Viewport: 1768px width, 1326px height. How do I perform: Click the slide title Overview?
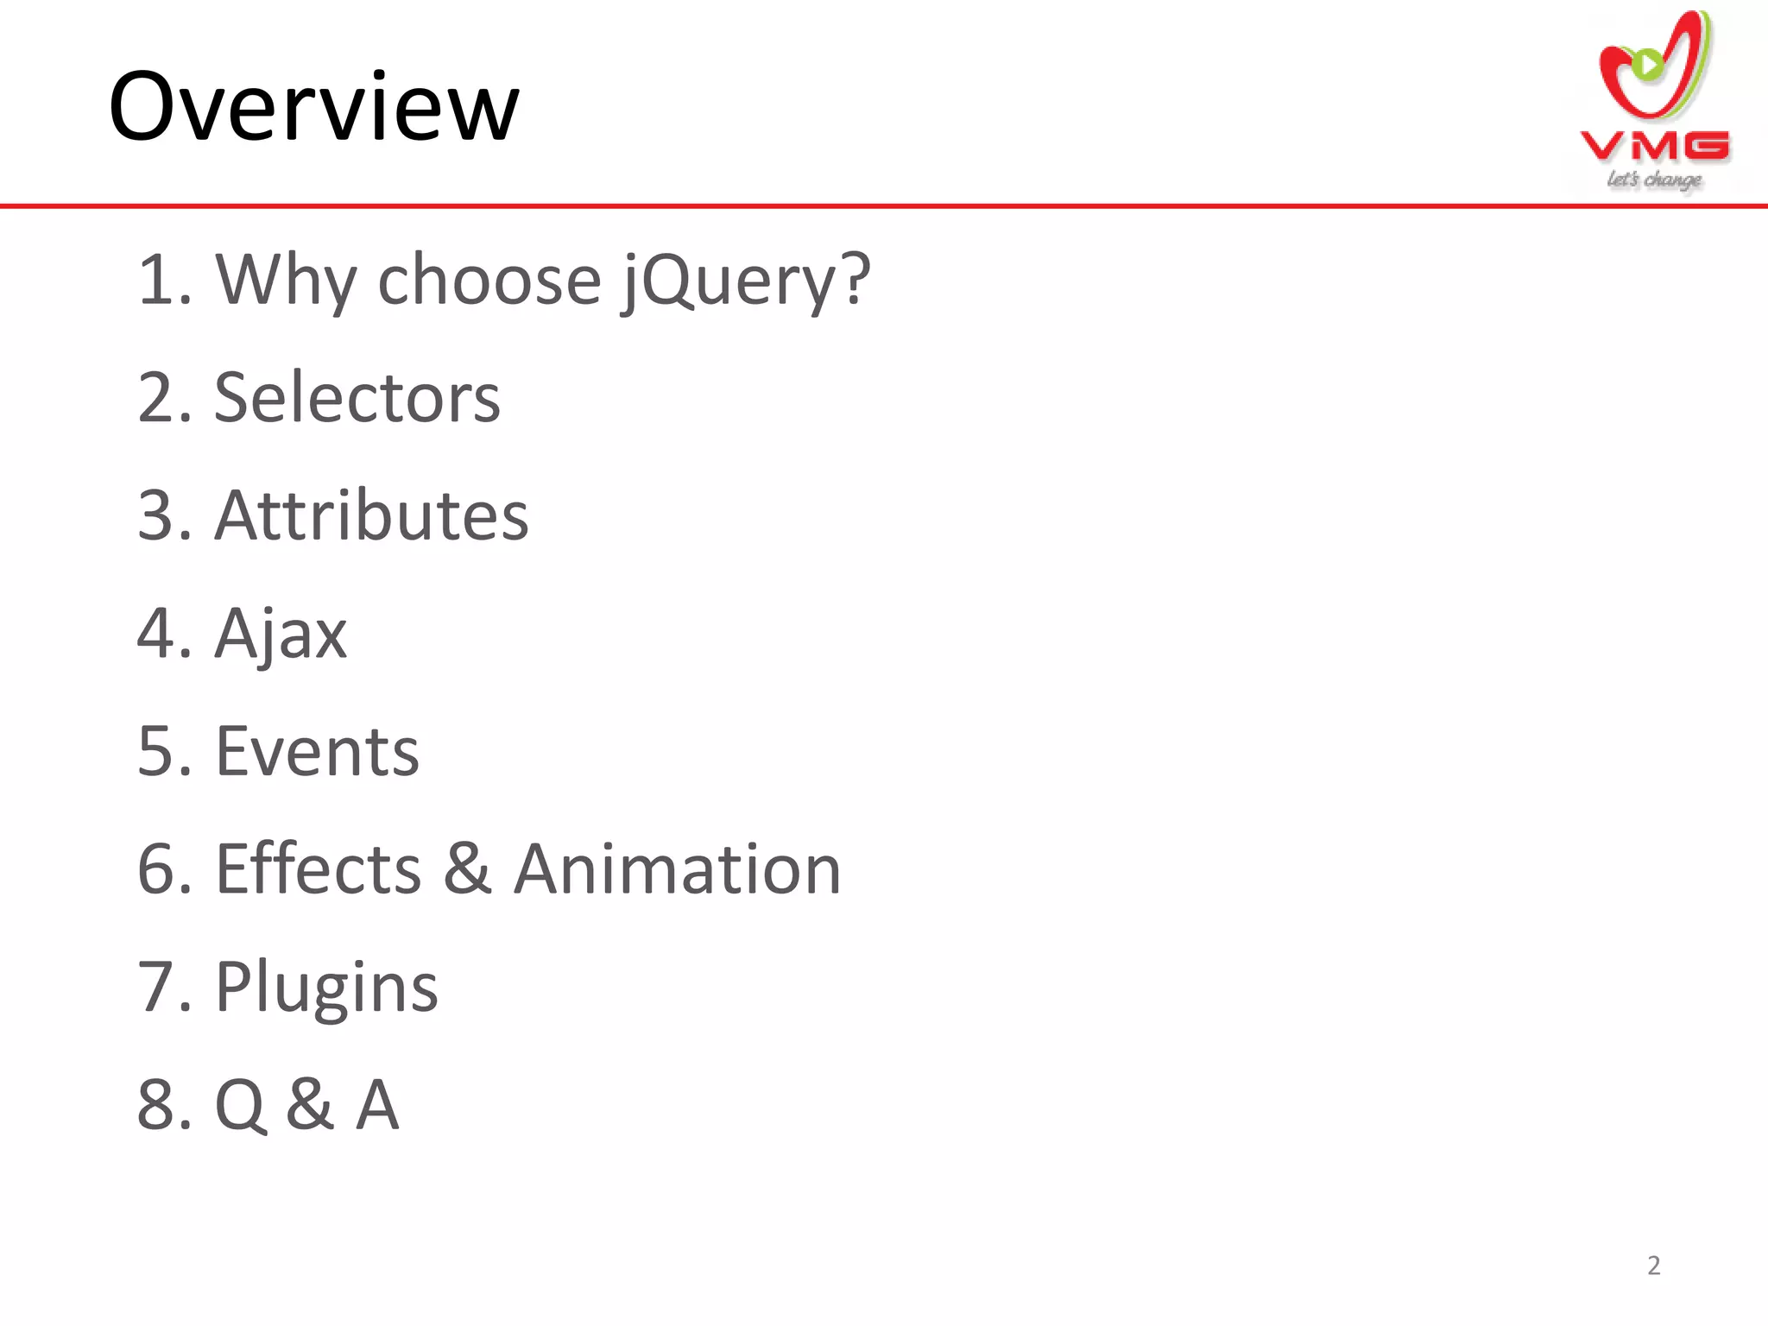(314, 107)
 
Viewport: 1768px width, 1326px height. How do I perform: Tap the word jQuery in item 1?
(747, 281)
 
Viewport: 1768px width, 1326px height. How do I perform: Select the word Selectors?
(357, 398)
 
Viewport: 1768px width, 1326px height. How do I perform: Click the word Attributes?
(371, 515)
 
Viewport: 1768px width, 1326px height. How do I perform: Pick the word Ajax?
(281, 634)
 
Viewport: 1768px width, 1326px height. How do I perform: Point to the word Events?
(317, 751)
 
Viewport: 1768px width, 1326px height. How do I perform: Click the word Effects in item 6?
(318, 868)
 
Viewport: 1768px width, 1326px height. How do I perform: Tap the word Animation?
(678, 868)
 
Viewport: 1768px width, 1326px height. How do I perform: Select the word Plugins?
(326, 987)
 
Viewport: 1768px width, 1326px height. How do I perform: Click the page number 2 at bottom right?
(1653, 1266)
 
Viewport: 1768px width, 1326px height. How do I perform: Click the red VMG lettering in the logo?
(1655, 147)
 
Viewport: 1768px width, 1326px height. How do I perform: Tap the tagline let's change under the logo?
(1654, 180)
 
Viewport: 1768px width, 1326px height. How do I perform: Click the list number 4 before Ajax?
(157, 634)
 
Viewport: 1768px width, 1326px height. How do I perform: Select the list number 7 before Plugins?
(157, 987)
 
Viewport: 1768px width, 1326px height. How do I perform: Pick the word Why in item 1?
(286, 281)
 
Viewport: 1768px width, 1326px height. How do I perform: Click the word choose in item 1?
(489, 281)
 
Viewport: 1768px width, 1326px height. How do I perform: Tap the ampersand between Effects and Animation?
(467, 868)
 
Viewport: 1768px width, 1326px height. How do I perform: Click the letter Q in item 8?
(239, 1104)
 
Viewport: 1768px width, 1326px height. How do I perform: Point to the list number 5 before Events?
(157, 751)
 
